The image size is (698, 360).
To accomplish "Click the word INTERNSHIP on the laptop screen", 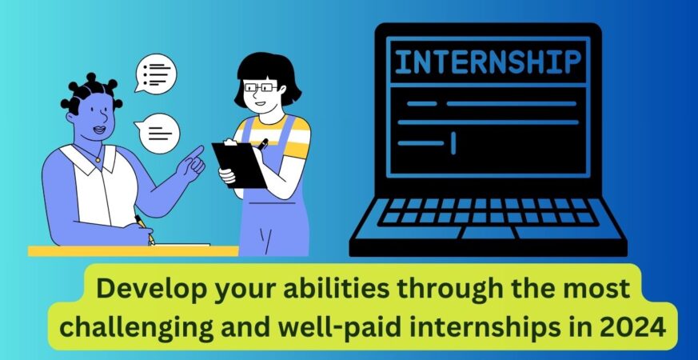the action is click(x=488, y=62).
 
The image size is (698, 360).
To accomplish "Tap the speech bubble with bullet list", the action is click(x=156, y=74).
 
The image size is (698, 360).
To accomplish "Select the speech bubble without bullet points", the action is click(x=158, y=133).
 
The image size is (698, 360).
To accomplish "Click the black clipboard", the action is click(x=238, y=164).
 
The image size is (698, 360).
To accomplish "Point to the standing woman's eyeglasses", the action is click(x=261, y=87).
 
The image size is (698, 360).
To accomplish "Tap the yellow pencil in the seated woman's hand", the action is click(x=145, y=230).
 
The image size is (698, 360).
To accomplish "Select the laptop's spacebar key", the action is click(x=488, y=233).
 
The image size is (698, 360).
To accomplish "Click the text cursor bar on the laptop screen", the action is click(x=453, y=143).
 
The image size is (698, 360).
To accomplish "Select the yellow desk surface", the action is click(x=133, y=251).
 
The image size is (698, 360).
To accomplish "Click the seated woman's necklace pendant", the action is click(x=98, y=159).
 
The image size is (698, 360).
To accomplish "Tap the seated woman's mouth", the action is click(x=99, y=130).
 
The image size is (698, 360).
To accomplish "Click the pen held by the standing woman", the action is click(x=262, y=144).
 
